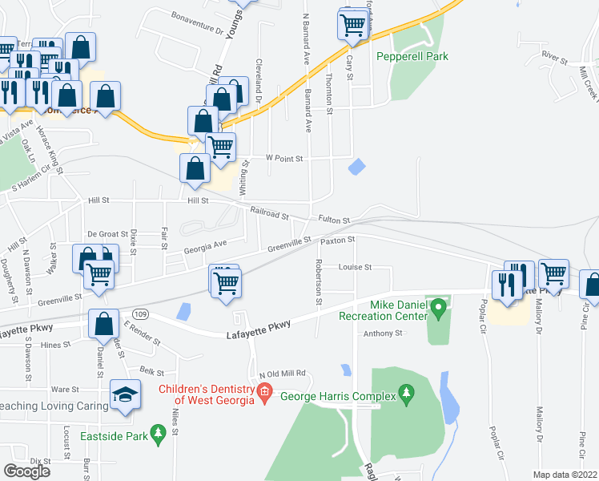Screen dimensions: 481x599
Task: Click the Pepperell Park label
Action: pyautogui.click(x=412, y=56)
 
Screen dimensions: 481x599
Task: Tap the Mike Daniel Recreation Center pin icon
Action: pyautogui.click(x=437, y=306)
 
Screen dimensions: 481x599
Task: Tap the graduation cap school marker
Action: pyautogui.click(x=124, y=394)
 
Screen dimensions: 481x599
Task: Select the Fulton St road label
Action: pyautogui.click(x=334, y=220)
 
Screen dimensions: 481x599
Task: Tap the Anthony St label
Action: pyautogui.click(x=383, y=333)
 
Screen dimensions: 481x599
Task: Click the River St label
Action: pyautogui.click(x=553, y=59)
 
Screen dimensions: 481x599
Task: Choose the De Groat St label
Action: pyautogui.click(x=108, y=234)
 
